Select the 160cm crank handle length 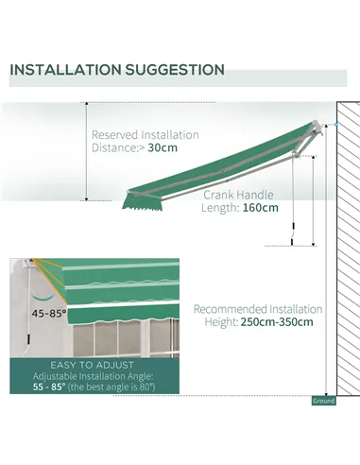pos(259,209)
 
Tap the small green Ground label pos(323,401)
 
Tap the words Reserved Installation pos(146,134)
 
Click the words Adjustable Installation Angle pos(94,375)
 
